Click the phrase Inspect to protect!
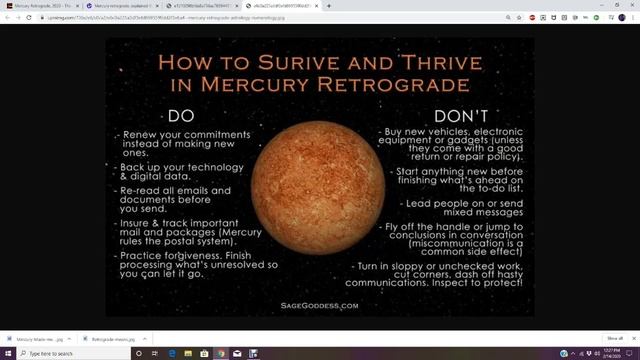pos(481,283)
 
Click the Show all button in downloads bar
pos(615,338)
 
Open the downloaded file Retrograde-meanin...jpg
pos(110,339)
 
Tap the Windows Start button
pos(7,353)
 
